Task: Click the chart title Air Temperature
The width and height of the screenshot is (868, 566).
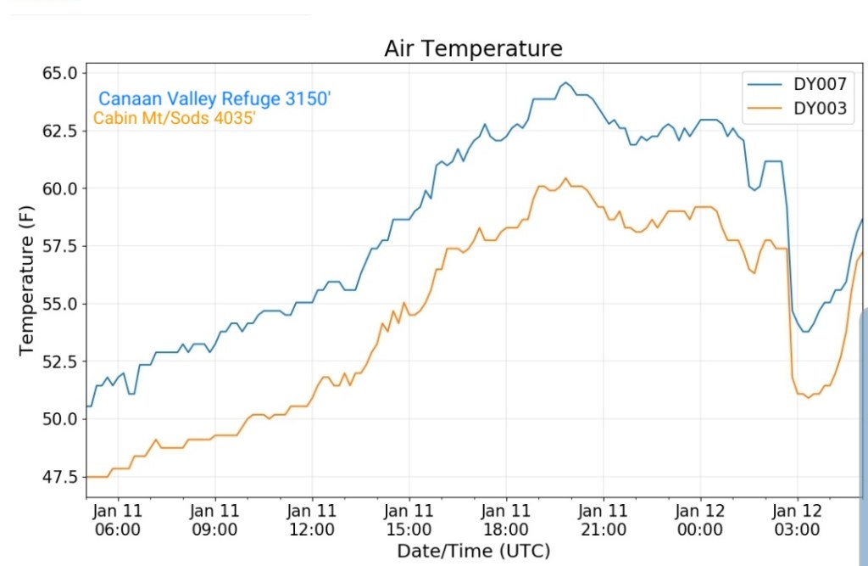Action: [x=473, y=48]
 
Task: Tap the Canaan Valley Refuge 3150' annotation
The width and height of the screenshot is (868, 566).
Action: [x=214, y=99]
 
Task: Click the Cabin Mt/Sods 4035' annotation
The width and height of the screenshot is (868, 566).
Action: [x=175, y=119]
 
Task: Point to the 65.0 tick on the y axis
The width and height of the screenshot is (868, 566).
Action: [x=58, y=73]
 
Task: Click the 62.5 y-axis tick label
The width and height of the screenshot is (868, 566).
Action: [x=58, y=131]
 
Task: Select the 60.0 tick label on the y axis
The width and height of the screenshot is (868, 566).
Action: [x=58, y=188]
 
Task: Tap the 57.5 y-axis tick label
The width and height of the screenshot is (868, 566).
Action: [x=58, y=246]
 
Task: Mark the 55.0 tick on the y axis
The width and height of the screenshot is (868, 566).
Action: [x=58, y=304]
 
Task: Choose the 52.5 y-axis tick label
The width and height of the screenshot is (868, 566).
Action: [x=58, y=361]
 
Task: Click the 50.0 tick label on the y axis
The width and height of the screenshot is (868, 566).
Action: [x=58, y=419]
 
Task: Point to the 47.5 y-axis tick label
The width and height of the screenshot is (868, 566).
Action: [x=58, y=477]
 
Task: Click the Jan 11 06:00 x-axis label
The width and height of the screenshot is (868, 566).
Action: [x=118, y=520]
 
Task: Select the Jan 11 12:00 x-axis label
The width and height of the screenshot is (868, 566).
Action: [x=312, y=520]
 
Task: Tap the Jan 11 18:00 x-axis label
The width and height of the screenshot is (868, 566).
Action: [x=506, y=520]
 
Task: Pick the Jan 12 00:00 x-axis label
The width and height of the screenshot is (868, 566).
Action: [x=700, y=520]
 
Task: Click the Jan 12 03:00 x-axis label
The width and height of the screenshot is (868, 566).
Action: [x=798, y=520]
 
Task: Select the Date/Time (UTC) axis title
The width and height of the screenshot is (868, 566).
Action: [x=473, y=551]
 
